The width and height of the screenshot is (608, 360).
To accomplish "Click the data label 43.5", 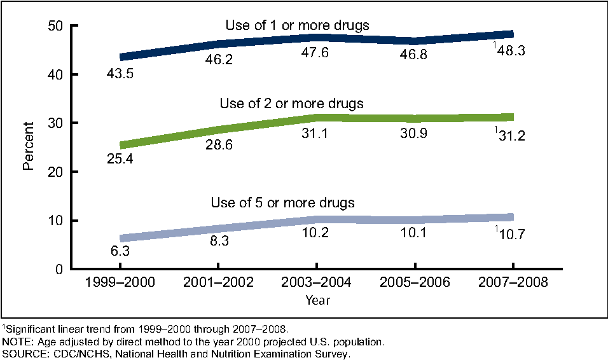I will pos(119,75).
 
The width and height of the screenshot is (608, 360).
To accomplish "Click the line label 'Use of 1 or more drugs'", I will pos(297,25).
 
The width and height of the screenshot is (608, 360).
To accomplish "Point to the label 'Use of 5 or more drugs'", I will pos(282,203).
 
